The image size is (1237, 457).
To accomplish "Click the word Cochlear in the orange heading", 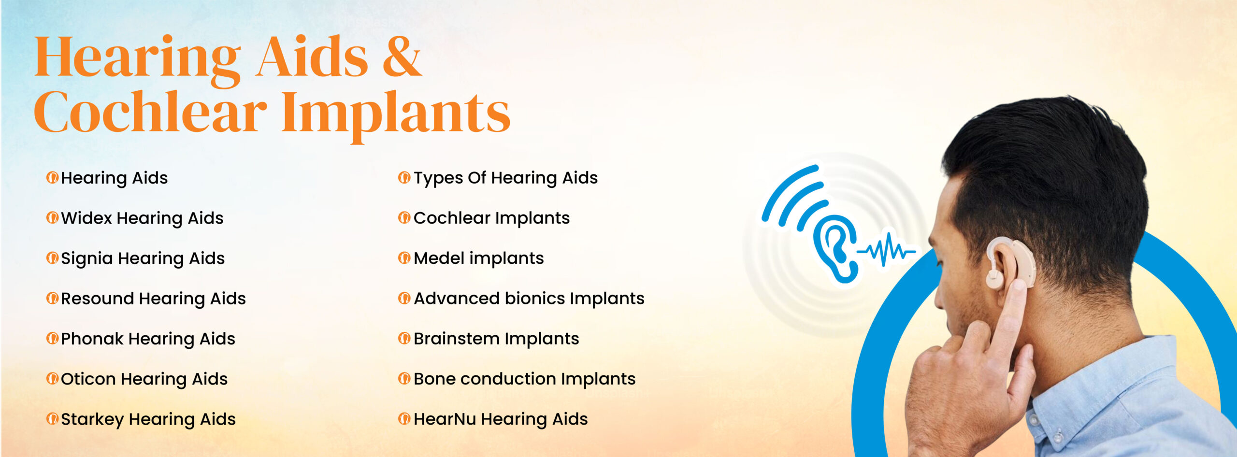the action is click(150, 112).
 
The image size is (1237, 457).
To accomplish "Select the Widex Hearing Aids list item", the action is click(142, 218).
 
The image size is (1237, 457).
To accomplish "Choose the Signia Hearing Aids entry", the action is click(143, 259).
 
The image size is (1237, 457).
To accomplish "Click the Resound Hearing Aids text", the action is click(153, 299).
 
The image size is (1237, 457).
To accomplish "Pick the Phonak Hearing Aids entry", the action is click(148, 339).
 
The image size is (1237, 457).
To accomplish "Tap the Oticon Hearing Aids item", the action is click(144, 379).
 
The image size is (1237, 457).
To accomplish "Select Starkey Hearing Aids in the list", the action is click(148, 419).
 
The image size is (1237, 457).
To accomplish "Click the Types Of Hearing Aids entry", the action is click(505, 178).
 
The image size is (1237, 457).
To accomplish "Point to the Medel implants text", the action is click(479, 258).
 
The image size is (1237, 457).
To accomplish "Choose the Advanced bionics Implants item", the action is click(529, 299).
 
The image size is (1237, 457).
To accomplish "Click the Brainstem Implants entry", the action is click(496, 339).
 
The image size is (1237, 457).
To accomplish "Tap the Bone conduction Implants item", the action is click(525, 379).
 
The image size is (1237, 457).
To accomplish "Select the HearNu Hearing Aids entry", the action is click(501, 419).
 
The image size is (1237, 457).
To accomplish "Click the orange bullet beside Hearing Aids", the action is click(52, 178).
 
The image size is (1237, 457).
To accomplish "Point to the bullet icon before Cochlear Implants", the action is click(404, 218).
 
